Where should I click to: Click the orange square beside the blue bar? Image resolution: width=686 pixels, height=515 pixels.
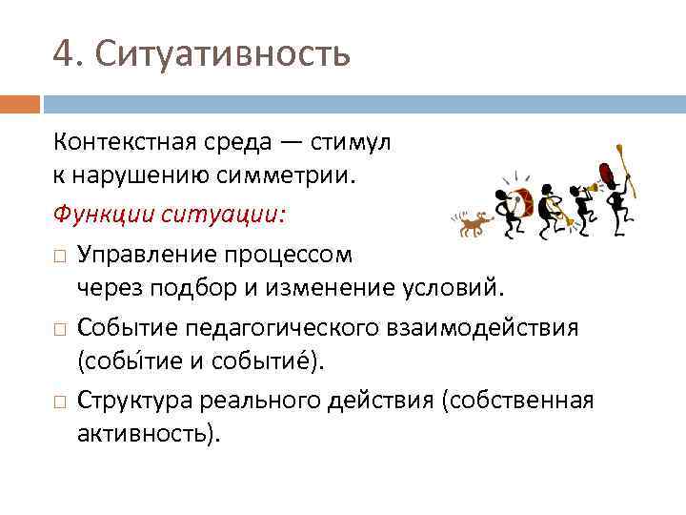click(20, 102)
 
